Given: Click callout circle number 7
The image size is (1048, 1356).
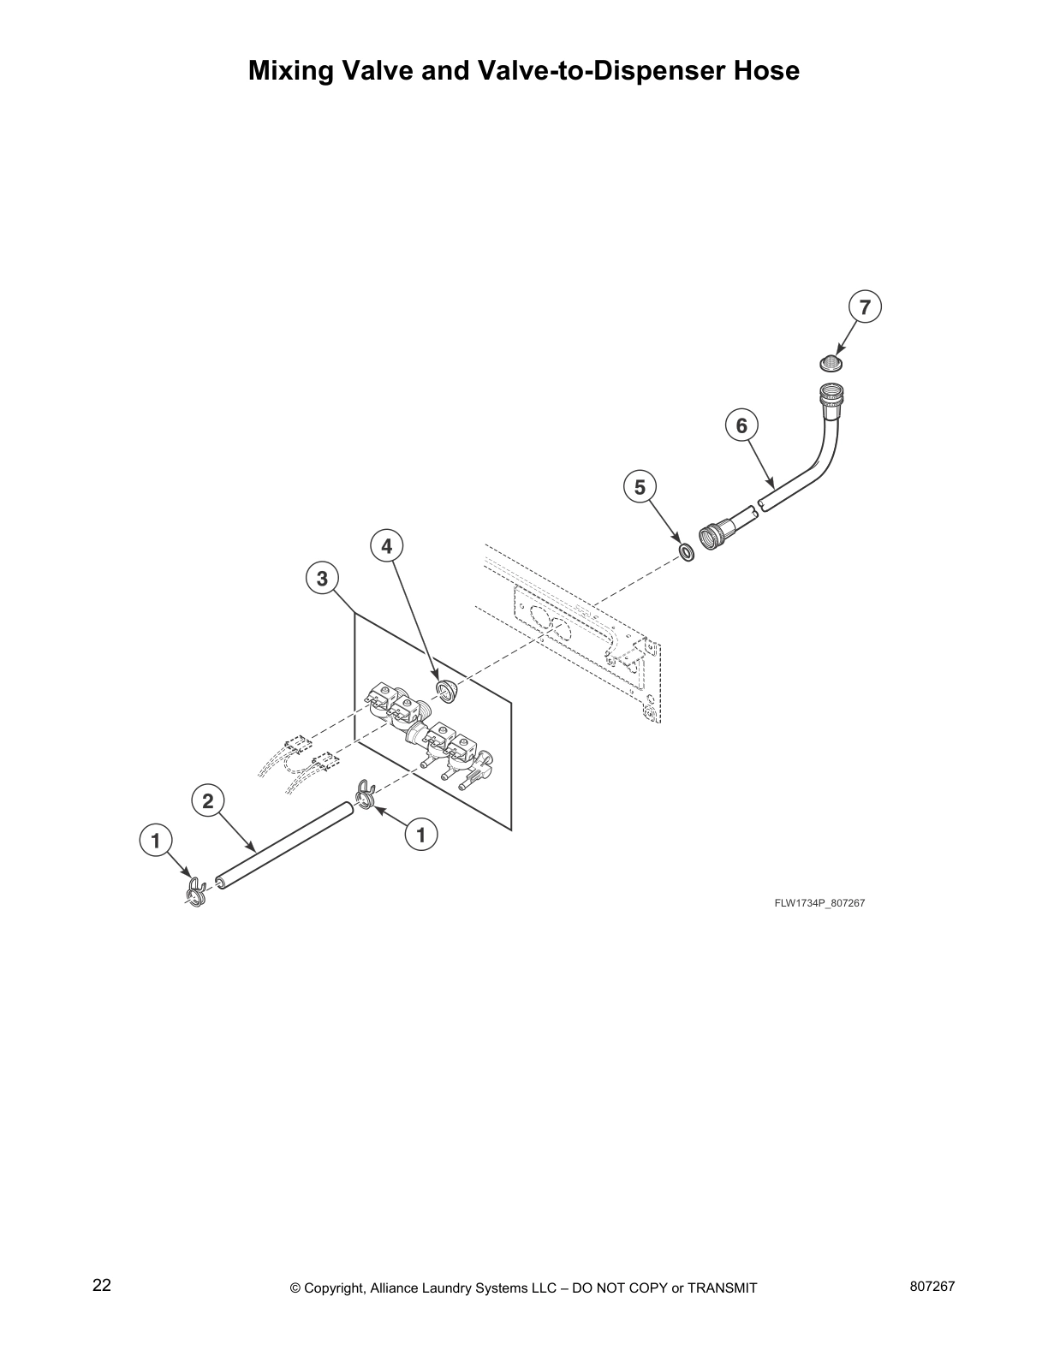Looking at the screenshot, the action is click(x=865, y=307).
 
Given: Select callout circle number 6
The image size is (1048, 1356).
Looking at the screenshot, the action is click(x=741, y=425).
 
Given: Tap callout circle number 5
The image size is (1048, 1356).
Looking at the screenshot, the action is click(x=640, y=487).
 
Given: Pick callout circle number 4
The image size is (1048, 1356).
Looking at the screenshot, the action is click(x=387, y=545).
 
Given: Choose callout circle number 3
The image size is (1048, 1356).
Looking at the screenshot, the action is click(x=322, y=579).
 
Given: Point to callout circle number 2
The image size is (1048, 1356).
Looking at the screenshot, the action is click(x=207, y=801).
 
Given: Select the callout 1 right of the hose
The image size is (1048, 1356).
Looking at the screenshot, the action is click(x=420, y=833).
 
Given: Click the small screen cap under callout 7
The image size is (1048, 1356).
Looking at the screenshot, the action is click(x=829, y=362).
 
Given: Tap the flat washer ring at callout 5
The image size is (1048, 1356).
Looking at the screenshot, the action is click(x=686, y=552).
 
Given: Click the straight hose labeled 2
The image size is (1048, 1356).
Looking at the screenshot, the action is click(x=285, y=843).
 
